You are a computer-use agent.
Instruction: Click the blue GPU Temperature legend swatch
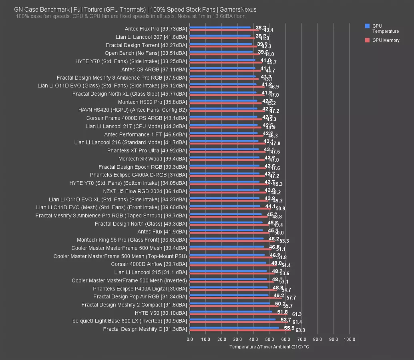click(367, 26)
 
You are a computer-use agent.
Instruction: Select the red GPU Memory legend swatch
click(367, 40)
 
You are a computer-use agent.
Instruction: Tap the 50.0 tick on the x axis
click(269, 340)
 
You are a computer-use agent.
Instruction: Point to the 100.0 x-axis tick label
click(349, 340)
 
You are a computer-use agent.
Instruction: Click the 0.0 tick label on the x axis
click(190, 340)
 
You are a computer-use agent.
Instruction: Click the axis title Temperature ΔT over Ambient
click(269, 347)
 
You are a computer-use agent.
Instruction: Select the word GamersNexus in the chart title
click(239, 9)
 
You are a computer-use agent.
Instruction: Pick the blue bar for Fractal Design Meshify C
click(234, 328)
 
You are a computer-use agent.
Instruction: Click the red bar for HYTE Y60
click(239, 314)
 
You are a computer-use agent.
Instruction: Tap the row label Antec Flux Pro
click(156, 29)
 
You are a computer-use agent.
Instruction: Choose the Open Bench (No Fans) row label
click(146, 53)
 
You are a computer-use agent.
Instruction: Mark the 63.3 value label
click(300, 330)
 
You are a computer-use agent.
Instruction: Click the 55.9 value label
click(289, 328)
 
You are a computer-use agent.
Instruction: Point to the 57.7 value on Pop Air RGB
click(291, 298)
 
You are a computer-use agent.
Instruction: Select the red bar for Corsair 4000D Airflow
click(233, 266)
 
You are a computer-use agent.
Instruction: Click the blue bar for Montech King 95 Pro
click(227, 238)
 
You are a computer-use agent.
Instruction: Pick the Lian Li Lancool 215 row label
click(151, 272)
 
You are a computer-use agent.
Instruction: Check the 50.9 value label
click(280, 208)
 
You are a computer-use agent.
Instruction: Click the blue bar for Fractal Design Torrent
click(221, 44)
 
